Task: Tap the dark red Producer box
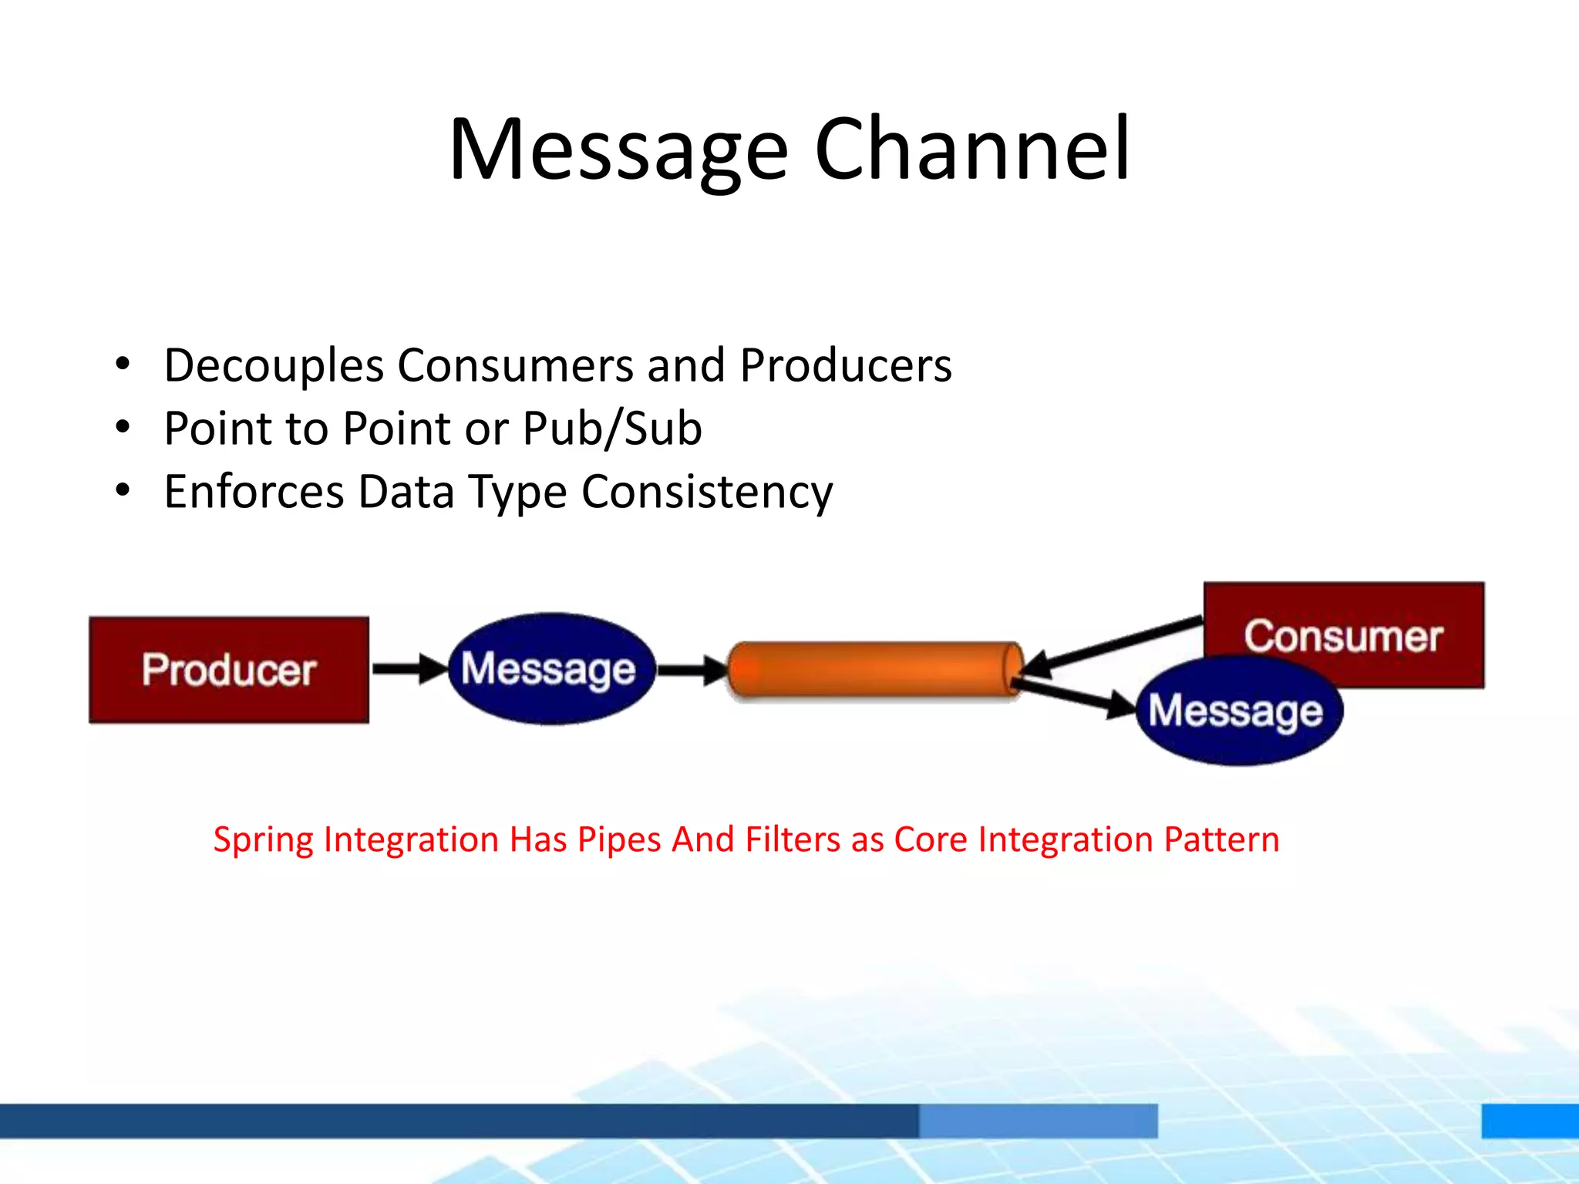tap(229, 669)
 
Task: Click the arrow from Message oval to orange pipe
tap(691, 669)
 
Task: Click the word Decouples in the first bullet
tap(274, 365)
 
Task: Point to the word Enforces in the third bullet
tap(254, 492)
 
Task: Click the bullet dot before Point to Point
tap(123, 427)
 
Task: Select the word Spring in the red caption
tap(262, 840)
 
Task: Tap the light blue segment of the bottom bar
tap(1038, 1120)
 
